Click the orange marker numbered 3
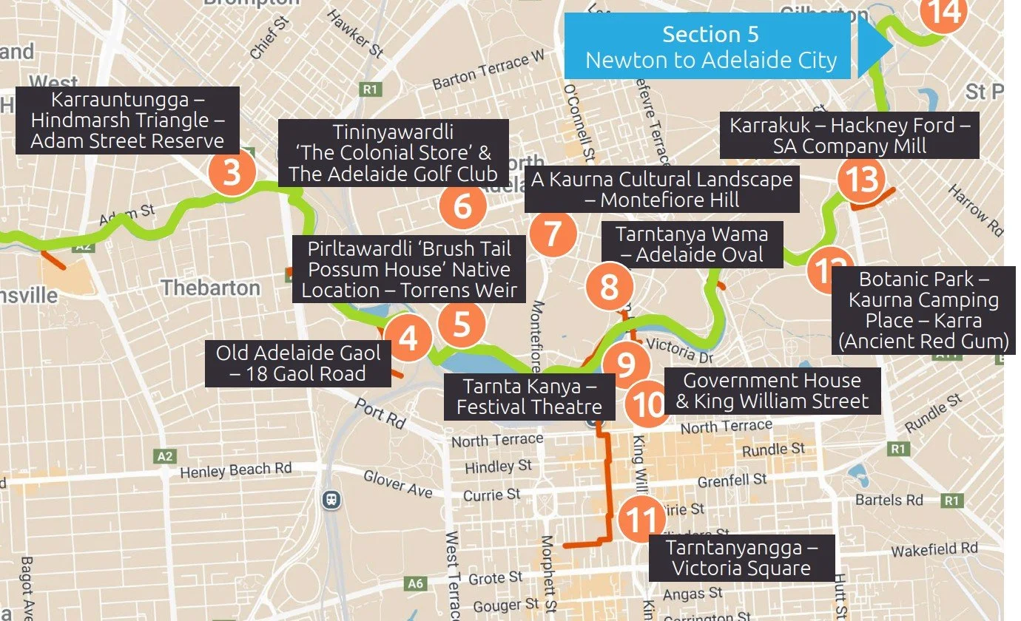pyautogui.click(x=232, y=173)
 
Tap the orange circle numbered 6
pyautogui.click(x=462, y=206)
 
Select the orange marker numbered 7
pyautogui.click(x=552, y=234)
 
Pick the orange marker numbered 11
pyautogui.click(x=640, y=518)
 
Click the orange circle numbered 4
pyautogui.click(x=407, y=339)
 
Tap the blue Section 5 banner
pyautogui.click(x=711, y=46)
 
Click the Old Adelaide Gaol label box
pyautogui.click(x=298, y=363)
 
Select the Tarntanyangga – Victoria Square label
pyautogui.click(x=741, y=558)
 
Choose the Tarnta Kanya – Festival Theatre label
pyautogui.click(x=529, y=396)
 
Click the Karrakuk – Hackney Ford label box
pyautogui.click(x=849, y=135)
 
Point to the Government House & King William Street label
pyautogui.click(x=772, y=391)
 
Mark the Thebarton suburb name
pyautogui.click(x=211, y=288)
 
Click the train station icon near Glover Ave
pyautogui.click(x=332, y=500)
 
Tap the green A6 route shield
pyautogui.click(x=416, y=584)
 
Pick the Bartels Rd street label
pyautogui.click(x=889, y=500)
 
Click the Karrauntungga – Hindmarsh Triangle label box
pyautogui.click(x=128, y=120)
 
